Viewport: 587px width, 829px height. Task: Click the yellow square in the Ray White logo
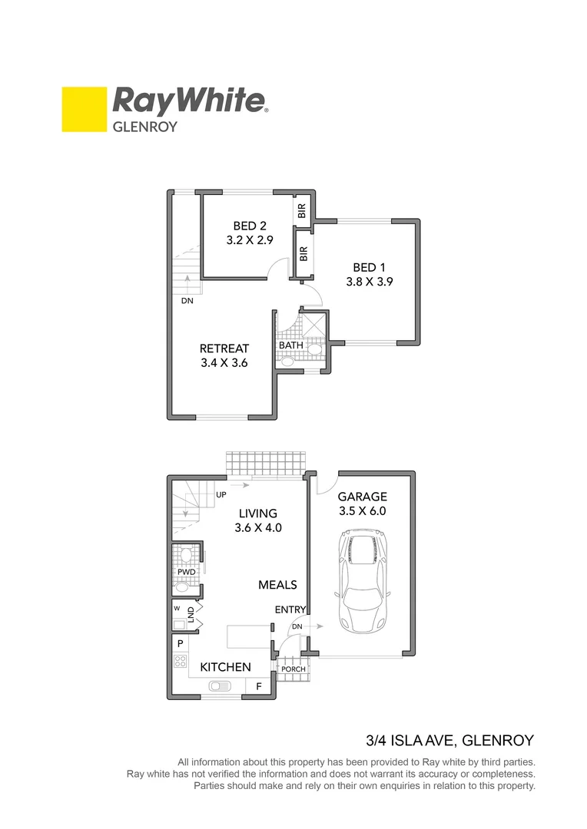tap(84, 109)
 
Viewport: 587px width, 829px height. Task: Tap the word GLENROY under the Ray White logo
tap(145, 127)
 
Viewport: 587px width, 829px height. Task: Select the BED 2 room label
tap(250, 226)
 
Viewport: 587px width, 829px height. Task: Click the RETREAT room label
tap(224, 348)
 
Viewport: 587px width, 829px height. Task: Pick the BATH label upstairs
tap(291, 345)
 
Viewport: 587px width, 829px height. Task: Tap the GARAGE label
tap(362, 497)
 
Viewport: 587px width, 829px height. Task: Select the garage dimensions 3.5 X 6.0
tap(362, 511)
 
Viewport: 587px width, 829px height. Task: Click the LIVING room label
tap(257, 514)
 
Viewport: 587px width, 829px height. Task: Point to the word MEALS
tap(277, 585)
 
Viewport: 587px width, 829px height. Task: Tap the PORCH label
tap(293, 669)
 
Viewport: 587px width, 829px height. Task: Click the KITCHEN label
tap(225, 668)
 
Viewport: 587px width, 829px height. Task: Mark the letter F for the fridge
tap(259, 686)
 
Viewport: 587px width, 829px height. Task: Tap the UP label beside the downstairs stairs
tap(221, 494)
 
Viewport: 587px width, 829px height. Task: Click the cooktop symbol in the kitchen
tap(181, 661)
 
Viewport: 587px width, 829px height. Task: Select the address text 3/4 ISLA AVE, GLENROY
tap(449, 741)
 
